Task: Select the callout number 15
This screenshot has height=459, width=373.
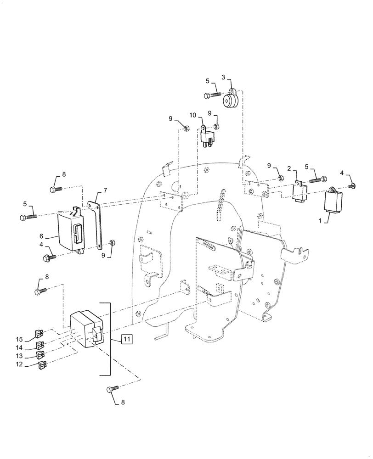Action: (x=19, y=339)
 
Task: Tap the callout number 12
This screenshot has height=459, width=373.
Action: (x=19, y=364)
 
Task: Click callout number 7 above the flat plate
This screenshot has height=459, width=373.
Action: (x=105, y=190)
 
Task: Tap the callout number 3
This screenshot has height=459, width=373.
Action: (x=223, y=77)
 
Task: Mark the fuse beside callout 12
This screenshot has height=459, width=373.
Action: (x=42, y=366)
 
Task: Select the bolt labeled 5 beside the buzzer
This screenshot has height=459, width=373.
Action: (x=214, y=95)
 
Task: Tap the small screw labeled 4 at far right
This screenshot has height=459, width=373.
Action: (x=352, y=185)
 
